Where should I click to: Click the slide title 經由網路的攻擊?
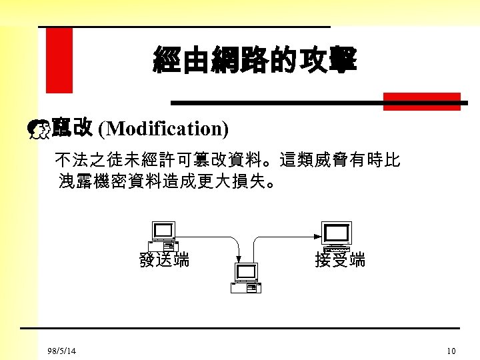click(x=255, y=59)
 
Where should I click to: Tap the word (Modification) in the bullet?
click(x=163, y=127)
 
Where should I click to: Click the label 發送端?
click(x=163, y=260)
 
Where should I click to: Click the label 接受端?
click(x=340, y=260)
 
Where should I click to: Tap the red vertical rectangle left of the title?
click(x=59, y=60)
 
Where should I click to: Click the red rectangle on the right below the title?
click(x=421, y=101)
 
